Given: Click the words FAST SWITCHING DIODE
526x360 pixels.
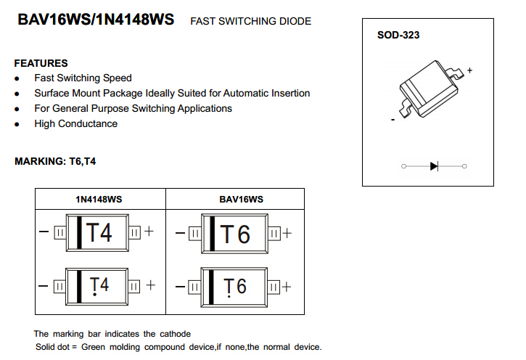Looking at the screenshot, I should click(250, 21).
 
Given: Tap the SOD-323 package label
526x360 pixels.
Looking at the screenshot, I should click(398, 35).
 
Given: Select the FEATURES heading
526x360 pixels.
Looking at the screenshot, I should click(41, 63).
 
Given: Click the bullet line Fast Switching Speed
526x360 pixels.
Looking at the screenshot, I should click(83, 78).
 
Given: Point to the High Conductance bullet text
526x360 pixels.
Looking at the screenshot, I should click(75, 123).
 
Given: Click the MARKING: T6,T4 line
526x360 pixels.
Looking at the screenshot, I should click(55, 161).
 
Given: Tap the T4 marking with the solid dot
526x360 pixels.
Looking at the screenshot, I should click(99, 286).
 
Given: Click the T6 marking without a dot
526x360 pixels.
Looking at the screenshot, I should click(235, 234).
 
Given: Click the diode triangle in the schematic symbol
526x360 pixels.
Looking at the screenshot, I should click(434, 166).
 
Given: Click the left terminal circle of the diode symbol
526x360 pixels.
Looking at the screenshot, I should click(403, 166).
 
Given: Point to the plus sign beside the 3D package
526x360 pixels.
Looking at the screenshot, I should click(469, 70).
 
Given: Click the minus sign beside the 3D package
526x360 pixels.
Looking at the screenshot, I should click(393, 120).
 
